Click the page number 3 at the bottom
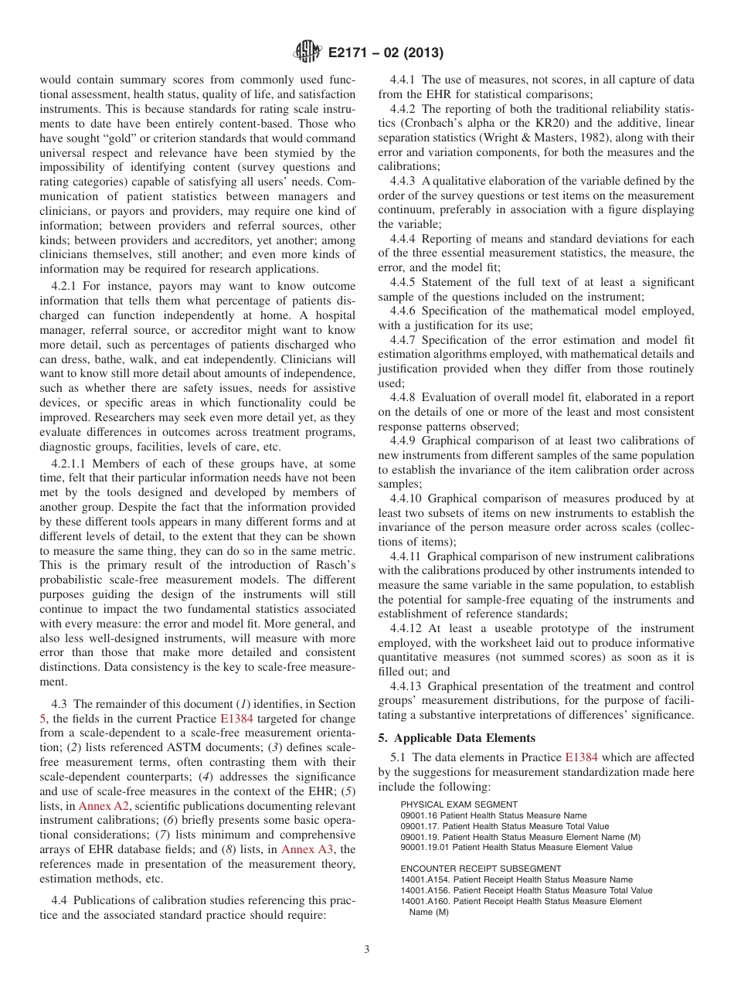point(367,950)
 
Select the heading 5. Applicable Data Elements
point(456,737)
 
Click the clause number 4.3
point(59,704)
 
